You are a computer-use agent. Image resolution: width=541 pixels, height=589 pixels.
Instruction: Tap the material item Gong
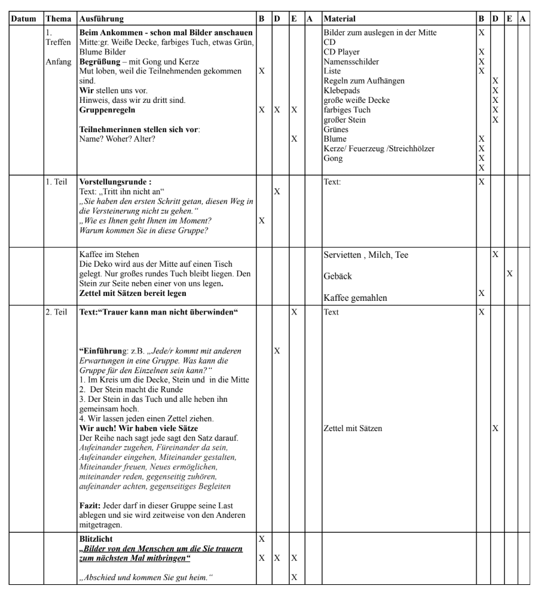pos(332,158)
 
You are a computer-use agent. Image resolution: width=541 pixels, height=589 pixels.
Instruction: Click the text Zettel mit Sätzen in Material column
pos(353,428)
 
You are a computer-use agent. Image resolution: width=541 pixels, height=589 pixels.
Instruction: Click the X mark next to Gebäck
pos(509,273)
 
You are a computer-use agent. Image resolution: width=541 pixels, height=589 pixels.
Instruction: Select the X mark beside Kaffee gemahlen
pos(481,293)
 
